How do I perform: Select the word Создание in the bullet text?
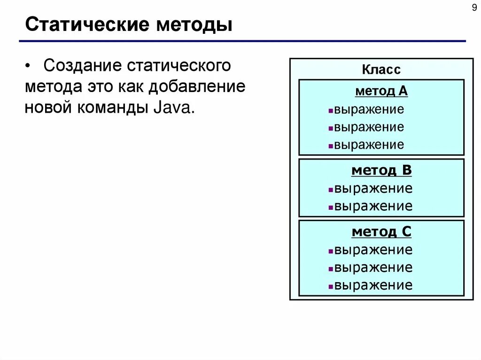tap(82, 65)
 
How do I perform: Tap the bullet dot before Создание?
tap(29, 66)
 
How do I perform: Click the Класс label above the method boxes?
tap(381, 70)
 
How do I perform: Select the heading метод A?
tap(381, 91)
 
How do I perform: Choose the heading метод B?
tap(381, 170)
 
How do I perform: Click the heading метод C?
tap(381, 231)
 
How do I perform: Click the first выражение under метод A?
tap(369, 110)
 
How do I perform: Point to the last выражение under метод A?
tap(369, 145)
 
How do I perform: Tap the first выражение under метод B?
tap(373, 189)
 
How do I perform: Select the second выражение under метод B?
tap(373, 206)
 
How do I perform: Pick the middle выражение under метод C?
tap(373, 268)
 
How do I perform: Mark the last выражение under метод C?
tap(373, 285)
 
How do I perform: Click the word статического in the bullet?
tap(178, 65)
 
